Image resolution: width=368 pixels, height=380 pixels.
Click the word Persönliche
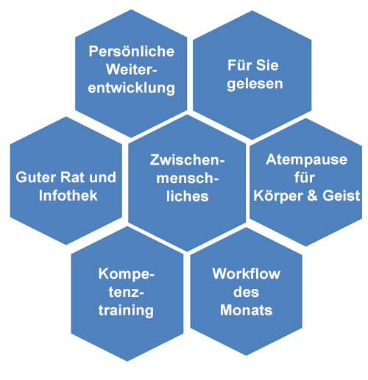click(132, 51)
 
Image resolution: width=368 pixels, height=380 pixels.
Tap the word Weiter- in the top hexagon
click(132, 69)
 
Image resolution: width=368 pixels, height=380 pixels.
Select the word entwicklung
click(132, 88)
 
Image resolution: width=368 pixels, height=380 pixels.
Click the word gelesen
click(255, 84)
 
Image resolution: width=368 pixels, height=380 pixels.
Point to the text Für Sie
click(253, 65)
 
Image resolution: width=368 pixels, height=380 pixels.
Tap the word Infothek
click(68, 196)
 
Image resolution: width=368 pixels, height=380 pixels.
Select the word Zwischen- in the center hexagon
click(188, 159)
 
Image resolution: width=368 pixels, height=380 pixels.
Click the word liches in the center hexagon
click(188, 196)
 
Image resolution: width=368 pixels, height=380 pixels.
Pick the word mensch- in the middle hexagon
click(188, 178)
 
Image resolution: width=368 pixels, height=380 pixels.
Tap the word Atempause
click(307, 159)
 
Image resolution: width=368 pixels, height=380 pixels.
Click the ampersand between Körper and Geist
click(312, 196)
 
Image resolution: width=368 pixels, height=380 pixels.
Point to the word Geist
click(342, 196)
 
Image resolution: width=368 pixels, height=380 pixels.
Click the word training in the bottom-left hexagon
click(126, 311)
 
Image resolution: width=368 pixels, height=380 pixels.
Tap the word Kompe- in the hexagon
click(127, 274)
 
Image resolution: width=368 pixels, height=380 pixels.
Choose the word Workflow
click(247, 273)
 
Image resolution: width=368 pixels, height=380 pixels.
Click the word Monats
click(247, 310)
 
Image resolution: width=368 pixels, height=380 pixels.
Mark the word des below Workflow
click(246, 292)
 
